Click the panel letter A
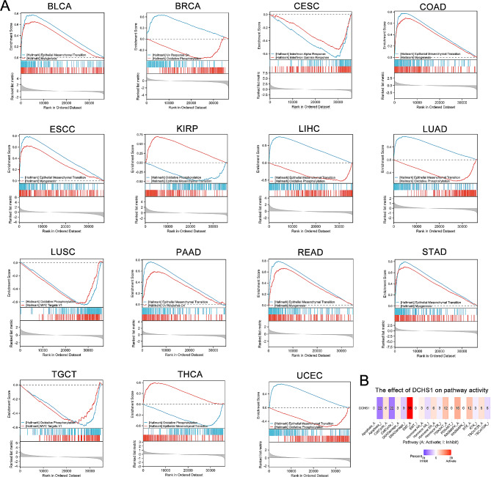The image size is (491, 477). [x=6, y=6]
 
